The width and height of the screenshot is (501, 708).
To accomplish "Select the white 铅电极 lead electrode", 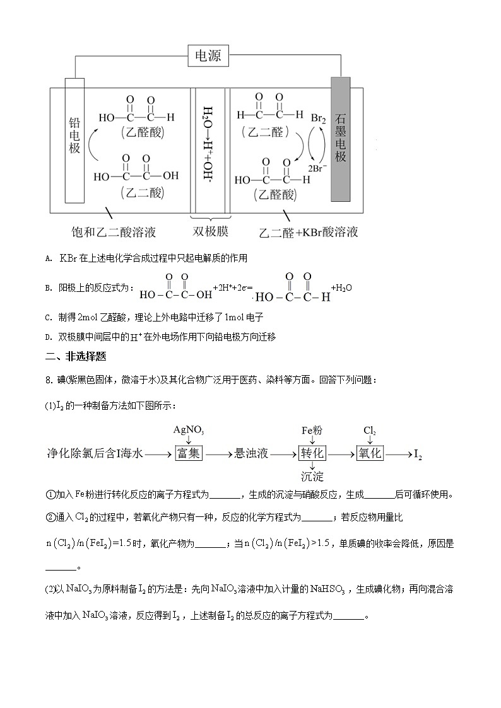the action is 74,140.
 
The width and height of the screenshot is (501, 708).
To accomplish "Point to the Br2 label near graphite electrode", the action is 319,118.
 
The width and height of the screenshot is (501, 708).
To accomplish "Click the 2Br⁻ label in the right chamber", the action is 316,168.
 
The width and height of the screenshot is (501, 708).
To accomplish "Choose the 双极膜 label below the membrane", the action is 211,231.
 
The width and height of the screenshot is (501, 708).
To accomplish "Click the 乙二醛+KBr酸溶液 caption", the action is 309,232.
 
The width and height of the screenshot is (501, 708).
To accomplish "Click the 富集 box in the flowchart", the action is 189,453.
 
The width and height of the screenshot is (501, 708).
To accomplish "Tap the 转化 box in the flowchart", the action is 312,453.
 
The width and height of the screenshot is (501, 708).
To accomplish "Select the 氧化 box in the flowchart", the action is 370,453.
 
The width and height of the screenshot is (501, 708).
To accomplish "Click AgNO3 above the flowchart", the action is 189,430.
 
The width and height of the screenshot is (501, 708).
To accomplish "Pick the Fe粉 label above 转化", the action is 312,430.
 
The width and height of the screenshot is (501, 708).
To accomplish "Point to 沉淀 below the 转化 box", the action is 312,476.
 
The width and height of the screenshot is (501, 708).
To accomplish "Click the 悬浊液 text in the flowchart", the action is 251,453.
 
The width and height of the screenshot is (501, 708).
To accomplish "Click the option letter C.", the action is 49,317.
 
